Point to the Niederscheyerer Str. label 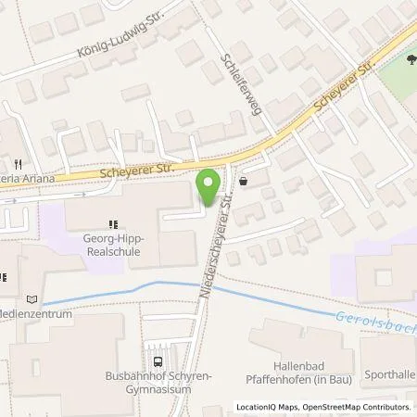[x=216, y=247]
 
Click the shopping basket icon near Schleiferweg [x=243, y=183]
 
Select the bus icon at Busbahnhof [x=158, y=363]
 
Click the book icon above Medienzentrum [x=33, y=299]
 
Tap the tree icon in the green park [x=409, y=61]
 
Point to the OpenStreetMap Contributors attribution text [x=362, y=407]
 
